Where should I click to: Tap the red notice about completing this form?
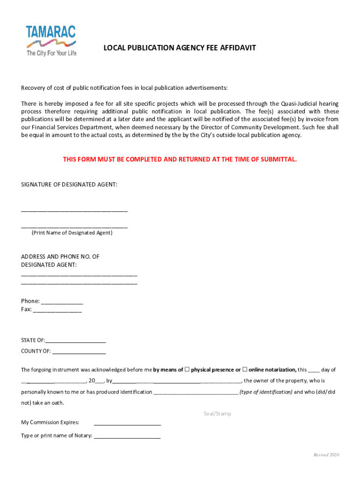(x=180, y=160)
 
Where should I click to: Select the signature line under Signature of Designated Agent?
(x=74, y=211)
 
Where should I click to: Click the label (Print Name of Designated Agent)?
(x=72, y=232)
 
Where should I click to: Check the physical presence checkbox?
(x=187, y=370)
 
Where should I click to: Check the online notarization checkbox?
(x=245, y=370)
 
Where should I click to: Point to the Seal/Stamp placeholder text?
(x=217, y=414)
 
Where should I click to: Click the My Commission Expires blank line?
(x=127, y=424)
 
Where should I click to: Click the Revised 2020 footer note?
(x=326, y=455)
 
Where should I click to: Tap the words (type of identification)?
(x=266, y=392)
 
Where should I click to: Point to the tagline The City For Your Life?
(x=51, y=53)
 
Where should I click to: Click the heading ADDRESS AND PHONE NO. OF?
(x=60, y=257)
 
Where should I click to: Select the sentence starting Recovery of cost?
(x=124, y=88)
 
